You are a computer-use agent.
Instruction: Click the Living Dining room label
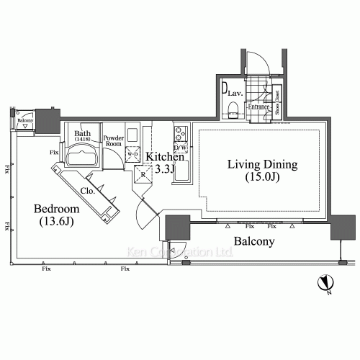click(x=262, y=164)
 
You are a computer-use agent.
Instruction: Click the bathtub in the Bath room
click(x=83, y=158)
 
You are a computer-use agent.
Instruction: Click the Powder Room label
click(x=114, y=141)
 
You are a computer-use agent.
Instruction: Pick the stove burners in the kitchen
click(x=180, y=133)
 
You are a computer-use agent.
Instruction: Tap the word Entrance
click(x=257, y=107)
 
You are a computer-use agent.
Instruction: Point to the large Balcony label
click(x=253, y=242)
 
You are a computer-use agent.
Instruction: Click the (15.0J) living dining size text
click(x=262, y=177)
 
